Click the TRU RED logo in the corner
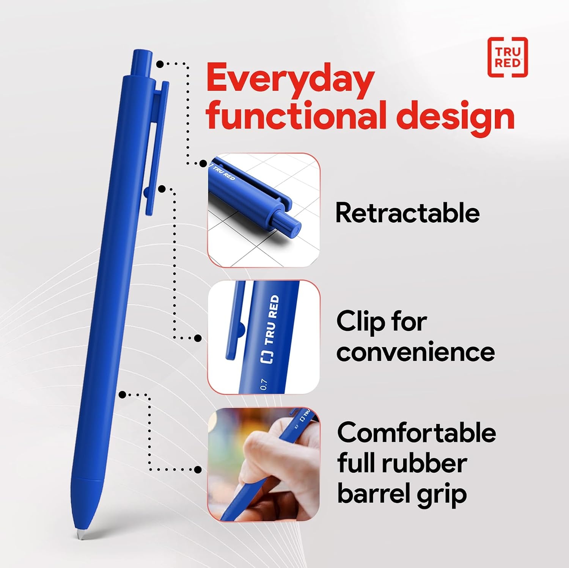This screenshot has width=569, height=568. [x=508, y=57]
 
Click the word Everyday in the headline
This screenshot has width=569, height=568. [x=291, y=80]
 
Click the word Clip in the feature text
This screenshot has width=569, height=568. [x=361, y=322]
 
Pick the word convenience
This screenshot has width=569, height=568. [x=415, y=352]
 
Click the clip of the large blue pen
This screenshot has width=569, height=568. [x=156, y=148]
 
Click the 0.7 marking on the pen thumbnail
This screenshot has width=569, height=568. [x=264, y=384]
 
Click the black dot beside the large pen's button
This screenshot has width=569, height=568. [x=160, y=64]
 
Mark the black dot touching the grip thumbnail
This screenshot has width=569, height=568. [x=198, y=469]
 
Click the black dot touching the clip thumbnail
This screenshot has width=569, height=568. [x=198, y=338]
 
